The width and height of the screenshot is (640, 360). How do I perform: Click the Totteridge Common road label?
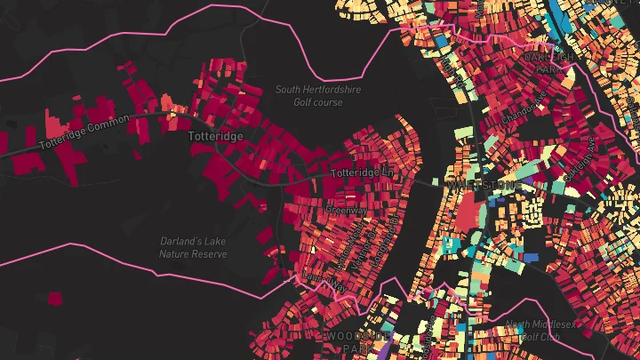coord(84,131)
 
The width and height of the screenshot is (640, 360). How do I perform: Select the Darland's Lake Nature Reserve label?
coord(193,247)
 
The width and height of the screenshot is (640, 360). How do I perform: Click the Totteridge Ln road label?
coord(362,172)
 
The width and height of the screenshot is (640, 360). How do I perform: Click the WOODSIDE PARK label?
coord(357,337)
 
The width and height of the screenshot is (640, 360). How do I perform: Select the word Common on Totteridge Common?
coord(109,124)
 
